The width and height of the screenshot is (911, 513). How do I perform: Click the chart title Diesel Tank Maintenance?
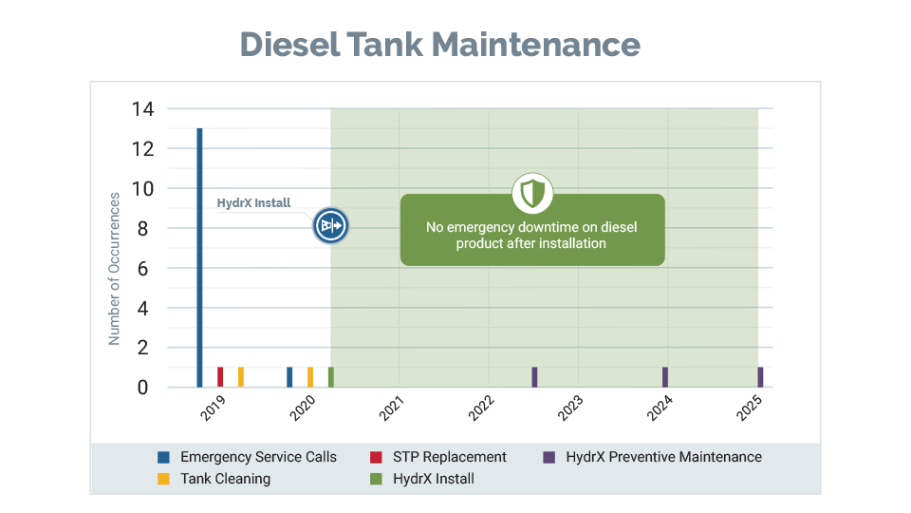pos(439,44)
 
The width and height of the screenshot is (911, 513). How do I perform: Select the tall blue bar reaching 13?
pos(199,256)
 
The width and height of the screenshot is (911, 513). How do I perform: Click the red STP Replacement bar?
pos(220,377)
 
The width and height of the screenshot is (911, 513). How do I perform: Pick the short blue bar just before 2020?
pos(289,377)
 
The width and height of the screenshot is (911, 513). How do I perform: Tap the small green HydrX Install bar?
pos(330,377)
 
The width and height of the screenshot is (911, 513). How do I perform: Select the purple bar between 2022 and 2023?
pos(534,377)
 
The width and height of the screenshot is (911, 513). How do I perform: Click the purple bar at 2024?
pos(665,377)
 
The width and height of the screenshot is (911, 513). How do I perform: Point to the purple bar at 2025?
pos(760,377)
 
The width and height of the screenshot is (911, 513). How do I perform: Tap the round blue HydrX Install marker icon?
pos(331,226)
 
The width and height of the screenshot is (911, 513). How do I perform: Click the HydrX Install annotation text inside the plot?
pos(253,202)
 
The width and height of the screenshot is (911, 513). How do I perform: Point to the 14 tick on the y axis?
pos(142,109)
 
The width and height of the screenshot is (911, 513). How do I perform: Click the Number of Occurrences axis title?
pos(114,269)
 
